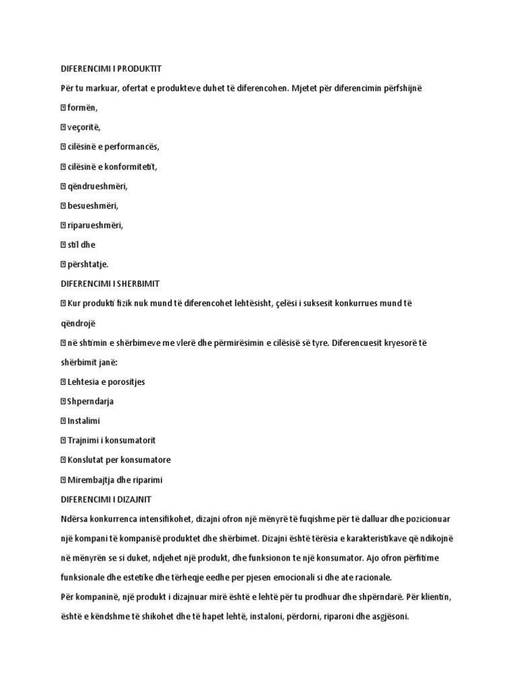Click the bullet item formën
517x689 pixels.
point(82,108)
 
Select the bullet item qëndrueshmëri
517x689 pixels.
point(97,186)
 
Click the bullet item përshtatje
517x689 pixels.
point(88,264)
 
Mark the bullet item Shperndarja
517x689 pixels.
point(90,401)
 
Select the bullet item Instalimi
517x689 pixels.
point(83,421)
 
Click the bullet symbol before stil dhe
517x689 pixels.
point(63,245)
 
